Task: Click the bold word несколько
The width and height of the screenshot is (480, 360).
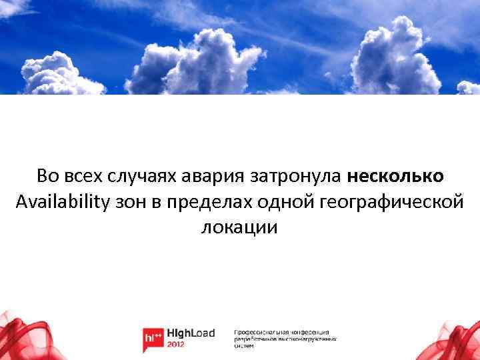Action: [x=395, y=176]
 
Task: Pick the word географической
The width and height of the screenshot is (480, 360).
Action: [x=393, y=201]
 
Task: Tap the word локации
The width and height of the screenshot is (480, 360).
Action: [x=239, y=227]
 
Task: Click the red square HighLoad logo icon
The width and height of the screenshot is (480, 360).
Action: [x=153, y=339]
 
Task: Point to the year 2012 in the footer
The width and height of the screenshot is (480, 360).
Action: [x=177, y=345]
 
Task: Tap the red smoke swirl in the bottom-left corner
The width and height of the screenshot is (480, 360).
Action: [x=20, y=337]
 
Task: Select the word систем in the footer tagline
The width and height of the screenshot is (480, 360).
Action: [x=243, y=346]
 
